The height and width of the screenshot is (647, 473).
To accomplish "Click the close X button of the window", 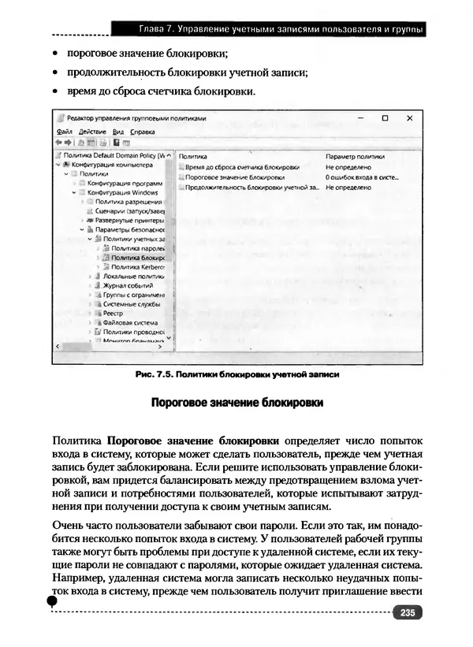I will (409, 118).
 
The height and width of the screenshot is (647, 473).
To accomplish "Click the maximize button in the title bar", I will (384, 118).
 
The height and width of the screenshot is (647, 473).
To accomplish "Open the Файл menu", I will (65, 132).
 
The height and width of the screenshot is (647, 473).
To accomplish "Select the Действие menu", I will (92, 132).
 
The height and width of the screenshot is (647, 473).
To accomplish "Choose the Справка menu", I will (143, 132).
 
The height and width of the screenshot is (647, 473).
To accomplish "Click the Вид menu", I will (118, 132).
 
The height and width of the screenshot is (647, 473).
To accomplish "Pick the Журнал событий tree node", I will (125, 286).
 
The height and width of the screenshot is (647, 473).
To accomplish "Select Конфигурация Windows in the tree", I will (122, 192).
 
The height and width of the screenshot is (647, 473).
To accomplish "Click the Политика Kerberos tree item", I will (137, 267).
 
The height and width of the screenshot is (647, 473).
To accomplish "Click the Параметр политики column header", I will (355, 157).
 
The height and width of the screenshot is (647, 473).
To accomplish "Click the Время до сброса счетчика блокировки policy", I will (242, 168).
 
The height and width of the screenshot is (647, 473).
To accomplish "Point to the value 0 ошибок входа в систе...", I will (362, 178).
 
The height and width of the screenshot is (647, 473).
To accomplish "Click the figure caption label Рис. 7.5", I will (153, 375).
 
